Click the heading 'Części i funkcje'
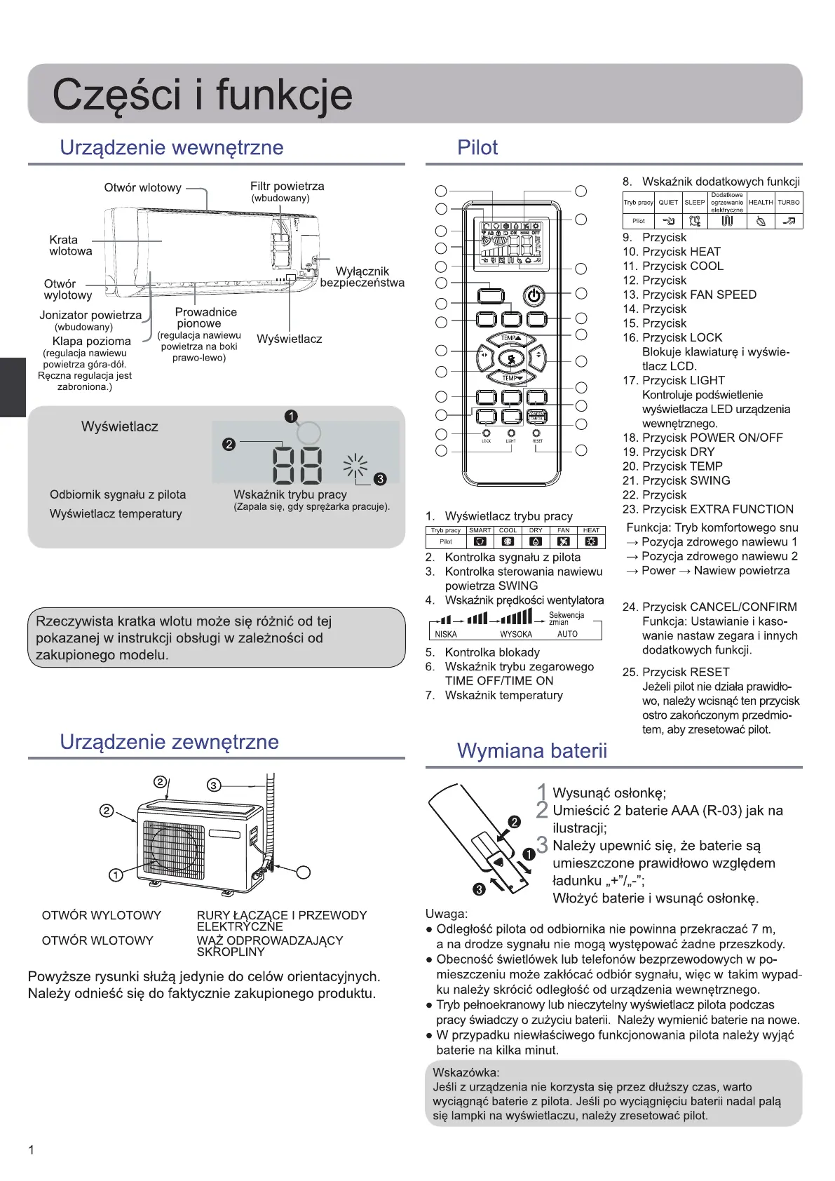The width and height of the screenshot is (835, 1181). coord(202,95)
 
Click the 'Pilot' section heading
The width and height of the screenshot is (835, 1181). coord(477,148)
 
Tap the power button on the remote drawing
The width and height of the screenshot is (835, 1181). coord(534,295)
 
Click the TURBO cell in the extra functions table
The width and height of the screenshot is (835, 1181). coord(789,202)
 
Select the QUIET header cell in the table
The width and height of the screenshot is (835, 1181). coord(668,202)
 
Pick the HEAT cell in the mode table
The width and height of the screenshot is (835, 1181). coord(591,530)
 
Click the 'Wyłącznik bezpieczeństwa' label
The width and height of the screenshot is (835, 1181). coord(362,277)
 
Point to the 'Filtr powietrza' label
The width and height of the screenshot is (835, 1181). coord(287,187)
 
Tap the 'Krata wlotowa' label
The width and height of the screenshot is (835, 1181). coord(70,245)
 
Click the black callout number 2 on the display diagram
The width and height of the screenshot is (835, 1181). coord(229,444)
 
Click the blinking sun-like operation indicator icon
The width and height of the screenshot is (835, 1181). coord(355,465)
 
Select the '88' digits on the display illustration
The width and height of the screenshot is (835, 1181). coord(297,465)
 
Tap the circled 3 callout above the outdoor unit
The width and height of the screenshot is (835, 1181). coord(214,785)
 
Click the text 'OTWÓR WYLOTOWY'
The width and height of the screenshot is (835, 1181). coord(102,915)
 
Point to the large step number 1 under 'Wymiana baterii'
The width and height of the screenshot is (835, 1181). coord(541,792)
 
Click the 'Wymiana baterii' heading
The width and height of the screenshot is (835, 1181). coord(531,751)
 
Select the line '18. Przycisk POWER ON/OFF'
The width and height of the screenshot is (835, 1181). coord(702,438)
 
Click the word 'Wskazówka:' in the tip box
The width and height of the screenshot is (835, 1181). coord(466,1072)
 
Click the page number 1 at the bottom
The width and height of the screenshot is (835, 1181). coord(31,1150)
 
